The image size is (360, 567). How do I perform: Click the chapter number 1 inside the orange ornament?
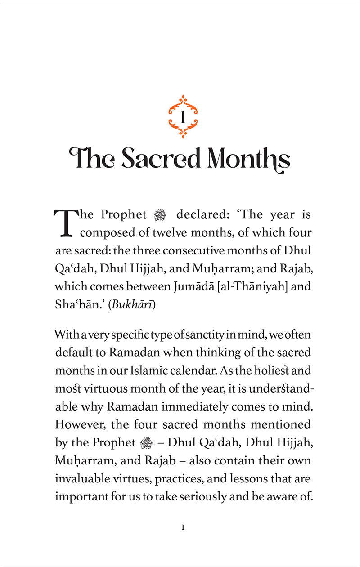point(183,118)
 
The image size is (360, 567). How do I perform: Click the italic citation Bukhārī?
point(133,304)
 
